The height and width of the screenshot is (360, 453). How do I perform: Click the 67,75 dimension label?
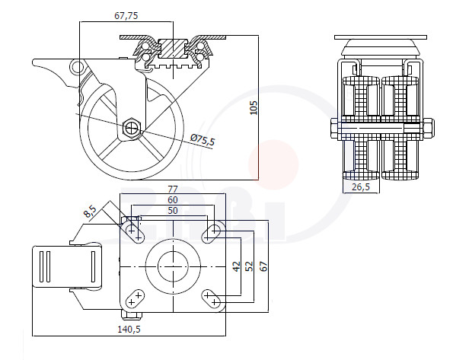[126, 15]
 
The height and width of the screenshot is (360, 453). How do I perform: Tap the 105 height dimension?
[254, 108]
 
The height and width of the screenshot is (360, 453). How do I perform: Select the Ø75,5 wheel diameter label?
[203, 140]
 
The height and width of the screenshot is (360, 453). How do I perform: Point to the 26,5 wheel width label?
[361, 187]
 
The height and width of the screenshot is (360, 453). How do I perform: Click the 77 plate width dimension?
[173, 190]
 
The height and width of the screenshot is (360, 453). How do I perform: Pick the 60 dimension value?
[173, 200]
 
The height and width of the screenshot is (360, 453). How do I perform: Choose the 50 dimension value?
[173, 211]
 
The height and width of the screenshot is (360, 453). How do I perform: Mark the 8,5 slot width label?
[90, 212]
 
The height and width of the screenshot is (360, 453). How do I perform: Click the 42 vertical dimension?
[237, 266]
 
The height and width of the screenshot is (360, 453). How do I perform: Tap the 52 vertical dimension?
[249, 266]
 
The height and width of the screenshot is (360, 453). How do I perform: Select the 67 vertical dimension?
[263, 266]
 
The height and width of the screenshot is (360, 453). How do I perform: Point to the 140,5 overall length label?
[129, 329]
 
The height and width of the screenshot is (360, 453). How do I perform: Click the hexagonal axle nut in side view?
[132, 127]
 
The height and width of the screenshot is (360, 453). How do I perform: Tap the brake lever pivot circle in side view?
[77, 68]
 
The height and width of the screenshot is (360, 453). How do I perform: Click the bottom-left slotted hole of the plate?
[135, 299]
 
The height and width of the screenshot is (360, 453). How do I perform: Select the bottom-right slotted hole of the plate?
[211, 299]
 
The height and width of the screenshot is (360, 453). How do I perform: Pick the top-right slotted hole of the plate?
[211, 234]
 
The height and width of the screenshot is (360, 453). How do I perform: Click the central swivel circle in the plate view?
[173, 266]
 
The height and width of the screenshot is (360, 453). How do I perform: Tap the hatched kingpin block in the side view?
[173, 48]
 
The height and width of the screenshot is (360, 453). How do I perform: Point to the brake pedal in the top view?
[67, 266]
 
